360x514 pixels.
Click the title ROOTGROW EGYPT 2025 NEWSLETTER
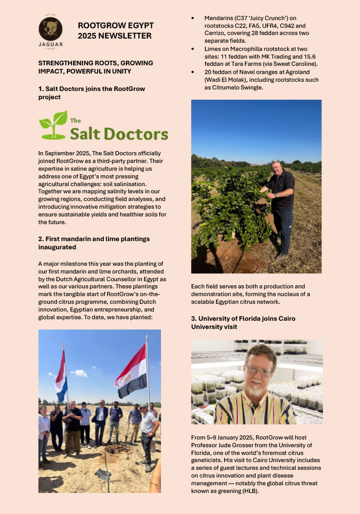coord(115,30)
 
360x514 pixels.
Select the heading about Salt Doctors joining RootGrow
coord(92,93)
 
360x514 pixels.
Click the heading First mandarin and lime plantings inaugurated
coord(94,243)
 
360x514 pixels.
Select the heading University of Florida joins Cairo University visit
coord(243,322)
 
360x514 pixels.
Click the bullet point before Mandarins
coord(193,19)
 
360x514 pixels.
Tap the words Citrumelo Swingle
coord(226,87)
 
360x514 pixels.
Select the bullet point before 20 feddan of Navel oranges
coord(193,72)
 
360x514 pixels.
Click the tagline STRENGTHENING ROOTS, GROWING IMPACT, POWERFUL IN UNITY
coord(96,67)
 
